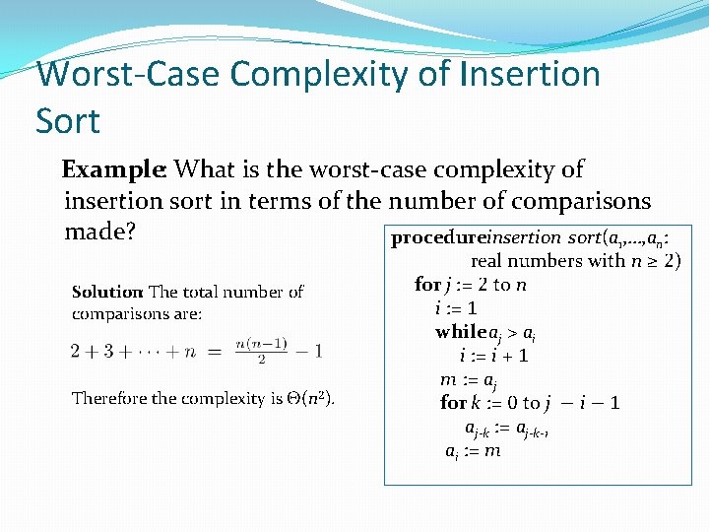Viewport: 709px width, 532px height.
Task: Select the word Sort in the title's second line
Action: [x=68, y=121]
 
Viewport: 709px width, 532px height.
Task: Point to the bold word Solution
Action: [x=107, y=292]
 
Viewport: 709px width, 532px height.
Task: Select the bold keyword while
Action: [x=461, y=333]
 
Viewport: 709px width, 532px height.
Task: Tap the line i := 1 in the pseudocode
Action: [x=456, y=308]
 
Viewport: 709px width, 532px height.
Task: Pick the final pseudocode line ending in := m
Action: [x=473, y=451]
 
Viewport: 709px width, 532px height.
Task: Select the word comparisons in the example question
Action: [x=582, y=202]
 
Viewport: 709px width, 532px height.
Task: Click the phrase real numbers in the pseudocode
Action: [x=527, y=261]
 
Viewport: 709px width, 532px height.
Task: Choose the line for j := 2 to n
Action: [x=471, y=285]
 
